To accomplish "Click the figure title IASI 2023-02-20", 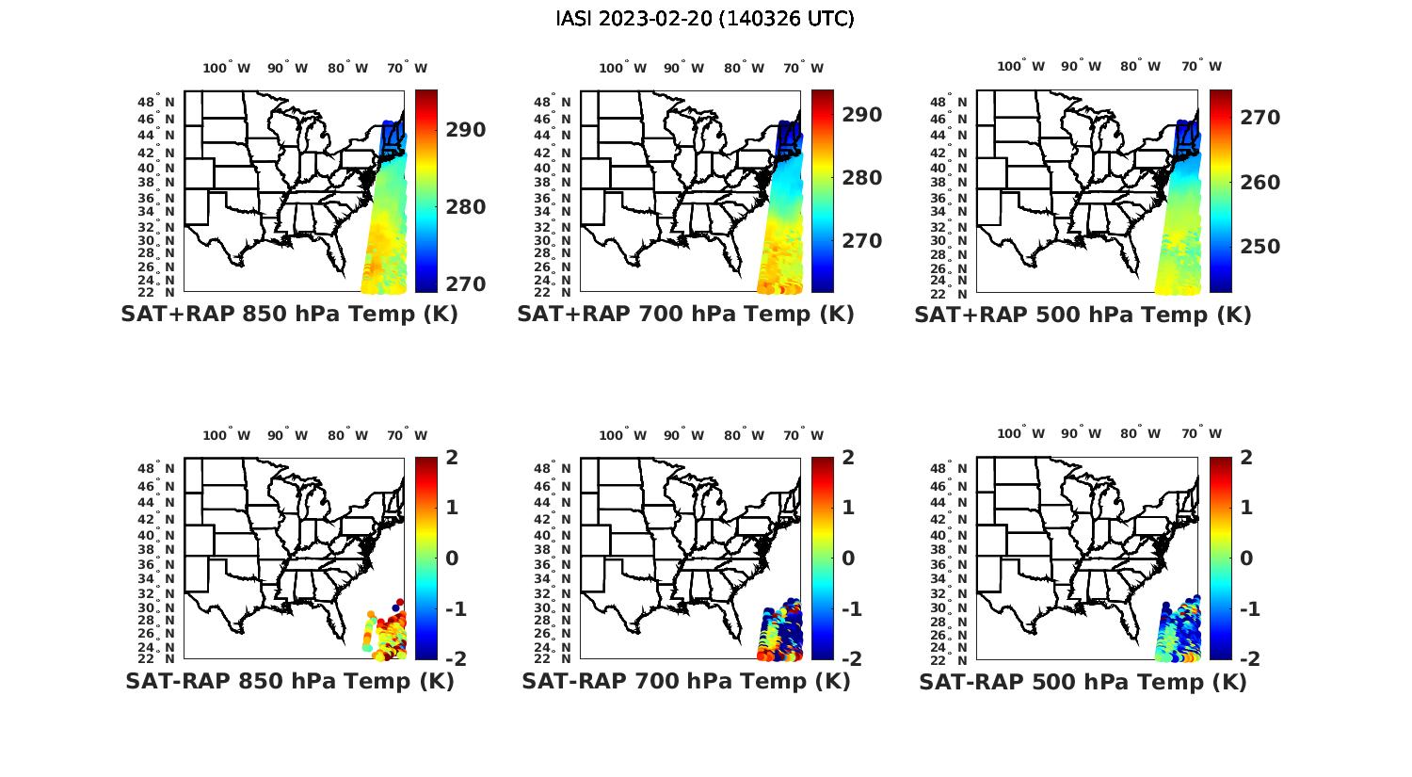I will [x=705, y=19].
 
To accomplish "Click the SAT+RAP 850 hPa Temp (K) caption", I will [x=289, y=315].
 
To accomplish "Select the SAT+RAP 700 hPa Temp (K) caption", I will [x=685, y=315].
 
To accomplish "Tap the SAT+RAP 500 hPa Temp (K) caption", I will [x=1083, y=316].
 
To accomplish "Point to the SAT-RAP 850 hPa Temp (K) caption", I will [x=289, y=682].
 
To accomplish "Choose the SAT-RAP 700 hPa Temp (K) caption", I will [x=685, y=682].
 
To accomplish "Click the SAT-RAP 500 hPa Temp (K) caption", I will [x=1083, y=683].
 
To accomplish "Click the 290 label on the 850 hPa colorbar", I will [x=466, y=130].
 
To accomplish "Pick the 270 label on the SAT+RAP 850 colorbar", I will [x=466, y=284].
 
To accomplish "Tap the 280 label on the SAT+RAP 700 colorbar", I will [x=861, y=178].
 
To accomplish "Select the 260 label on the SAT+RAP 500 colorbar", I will [x=1260, y=183].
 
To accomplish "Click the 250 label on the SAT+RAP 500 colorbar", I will [x=1260, y=247].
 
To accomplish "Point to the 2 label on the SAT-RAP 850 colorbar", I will [x=452, y=458].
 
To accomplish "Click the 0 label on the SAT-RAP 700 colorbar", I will [x=848, y=558].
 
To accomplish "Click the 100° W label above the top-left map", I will [x=226, y=68].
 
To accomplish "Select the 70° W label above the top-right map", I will [x=1201, y=66].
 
